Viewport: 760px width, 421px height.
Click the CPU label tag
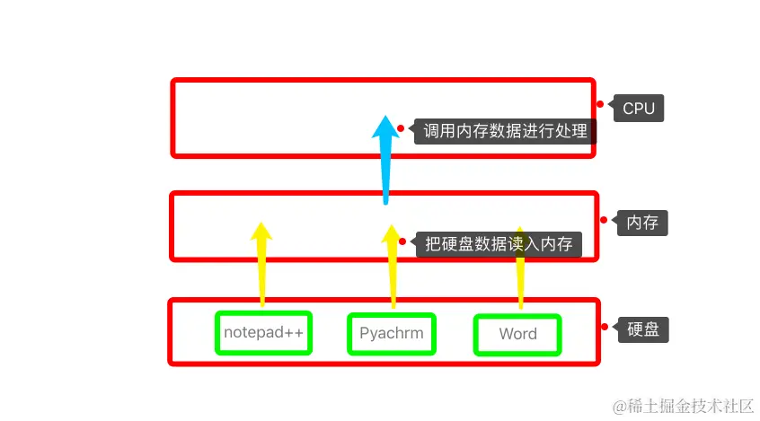point(639,109)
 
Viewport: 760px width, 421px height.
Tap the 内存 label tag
point(642,222)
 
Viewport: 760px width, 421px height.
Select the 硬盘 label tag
point(642,329)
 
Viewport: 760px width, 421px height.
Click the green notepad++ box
point(264,333)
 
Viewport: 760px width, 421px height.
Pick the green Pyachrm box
point(391,334)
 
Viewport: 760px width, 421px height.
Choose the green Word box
point(517,334)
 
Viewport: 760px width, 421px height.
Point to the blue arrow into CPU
point(385,162)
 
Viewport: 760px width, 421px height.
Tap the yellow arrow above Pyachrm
point(392,269)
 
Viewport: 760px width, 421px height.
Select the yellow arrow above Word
point(520,269)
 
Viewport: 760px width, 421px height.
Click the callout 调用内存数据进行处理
point(505,132)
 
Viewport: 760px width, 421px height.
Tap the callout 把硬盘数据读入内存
point(499,243)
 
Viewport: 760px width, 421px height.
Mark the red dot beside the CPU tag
point(600,104)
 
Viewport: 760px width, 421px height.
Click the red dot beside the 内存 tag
point(603,220)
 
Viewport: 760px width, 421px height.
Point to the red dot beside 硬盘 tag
point(604,327)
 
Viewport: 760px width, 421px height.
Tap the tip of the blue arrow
point(385,118)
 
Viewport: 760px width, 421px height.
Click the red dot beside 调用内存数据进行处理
point(401,128)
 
